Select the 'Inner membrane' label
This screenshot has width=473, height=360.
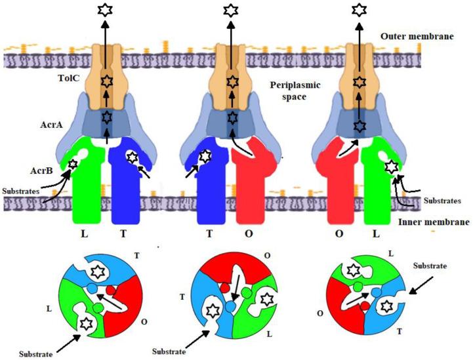click(434, 223)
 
